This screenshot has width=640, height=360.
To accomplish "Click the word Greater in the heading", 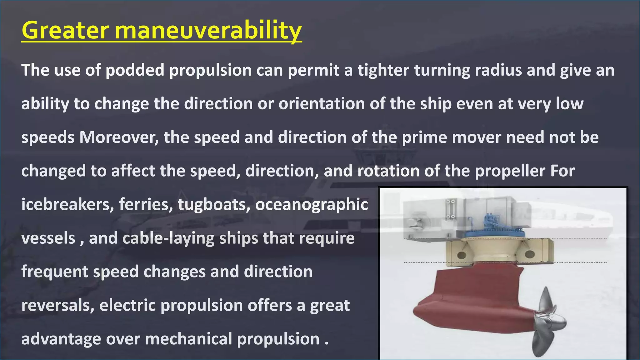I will pos(65,30).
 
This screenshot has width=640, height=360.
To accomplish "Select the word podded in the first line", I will pos(135,70).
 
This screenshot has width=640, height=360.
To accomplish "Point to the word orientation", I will pos(322,104).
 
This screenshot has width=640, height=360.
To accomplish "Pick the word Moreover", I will pos(119,137).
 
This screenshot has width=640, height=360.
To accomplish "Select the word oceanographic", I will pos(312,205).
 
